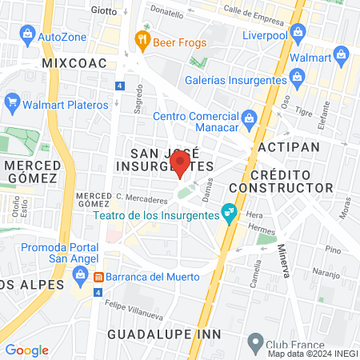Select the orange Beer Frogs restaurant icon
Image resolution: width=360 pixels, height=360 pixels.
click(x=142, y=37)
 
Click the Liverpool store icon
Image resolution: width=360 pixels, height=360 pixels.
click(x=299, y=32)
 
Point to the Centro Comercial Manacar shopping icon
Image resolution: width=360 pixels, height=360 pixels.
click(x=250, y=119)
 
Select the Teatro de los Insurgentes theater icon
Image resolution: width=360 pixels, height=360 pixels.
click(x=230, y=211)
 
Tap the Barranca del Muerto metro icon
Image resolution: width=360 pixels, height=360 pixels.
click(x=99, y=278)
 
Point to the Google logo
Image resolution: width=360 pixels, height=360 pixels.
click(x=26, y=350)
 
